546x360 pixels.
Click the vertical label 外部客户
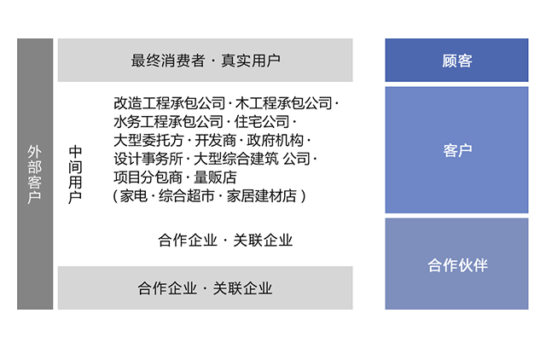click(x=35, y=175)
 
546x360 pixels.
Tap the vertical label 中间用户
click(x=76, y=175)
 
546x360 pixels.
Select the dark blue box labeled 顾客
click(x=457, y=61)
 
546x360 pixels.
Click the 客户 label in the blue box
click(x=457, y=151)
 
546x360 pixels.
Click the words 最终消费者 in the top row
click(x=168, y=61)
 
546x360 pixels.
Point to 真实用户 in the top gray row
click(x=251, y=61)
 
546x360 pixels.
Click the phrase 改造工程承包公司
click(x=169, y=103)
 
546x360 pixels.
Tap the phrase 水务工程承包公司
click(x=169, y=122)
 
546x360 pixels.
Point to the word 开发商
click(x=215, y=140)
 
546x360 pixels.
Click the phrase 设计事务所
click(x=148, y=159)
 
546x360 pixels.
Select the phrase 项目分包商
click(x=148, y=177)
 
